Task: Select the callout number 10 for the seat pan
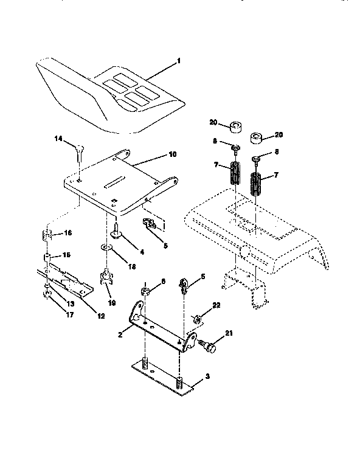coord(172,155)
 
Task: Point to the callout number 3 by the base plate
coord(207,377)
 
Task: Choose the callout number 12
coord(100,316)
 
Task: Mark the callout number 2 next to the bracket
coord(120,334)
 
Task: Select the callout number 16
coord(68,233)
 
